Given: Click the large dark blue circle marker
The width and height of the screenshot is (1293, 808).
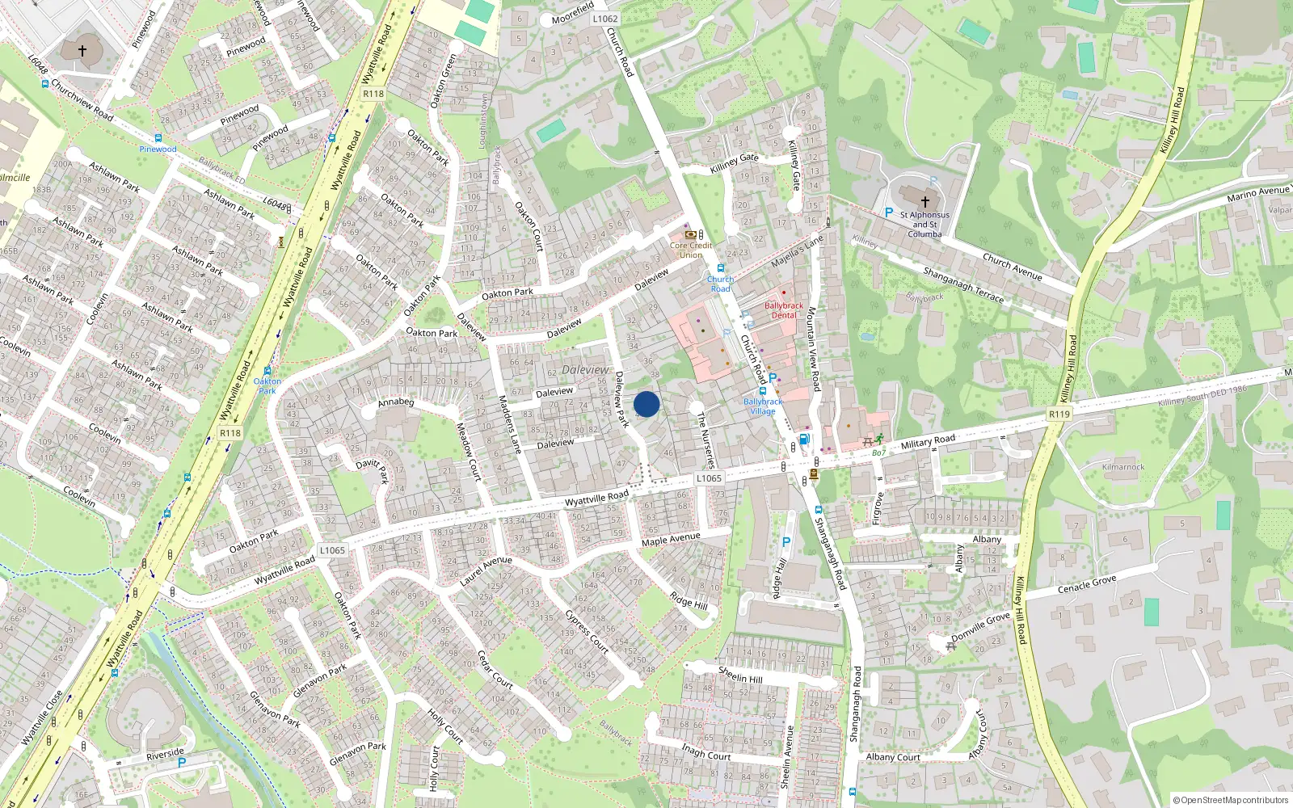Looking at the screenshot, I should point(646,404).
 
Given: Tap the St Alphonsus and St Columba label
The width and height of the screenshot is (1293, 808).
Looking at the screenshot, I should point(924,225).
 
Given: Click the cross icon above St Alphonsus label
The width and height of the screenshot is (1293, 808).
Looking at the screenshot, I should point(925,201).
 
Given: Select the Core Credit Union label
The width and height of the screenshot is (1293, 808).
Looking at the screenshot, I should point(691,250).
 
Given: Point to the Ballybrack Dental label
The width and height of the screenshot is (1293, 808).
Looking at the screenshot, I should point(784,310).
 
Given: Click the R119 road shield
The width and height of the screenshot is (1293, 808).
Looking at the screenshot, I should point(1059,414).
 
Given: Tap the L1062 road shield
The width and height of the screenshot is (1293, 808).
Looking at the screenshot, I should point(604,19).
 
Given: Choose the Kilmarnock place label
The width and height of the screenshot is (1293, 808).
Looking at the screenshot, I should point(1123,467).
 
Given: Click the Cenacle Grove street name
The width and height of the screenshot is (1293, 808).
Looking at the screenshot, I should point(1087,584).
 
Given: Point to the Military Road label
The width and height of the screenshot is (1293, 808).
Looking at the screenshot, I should point(928,441).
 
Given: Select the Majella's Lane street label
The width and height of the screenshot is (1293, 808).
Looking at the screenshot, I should point(797,251).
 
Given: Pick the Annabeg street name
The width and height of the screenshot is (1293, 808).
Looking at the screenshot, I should point(396,402).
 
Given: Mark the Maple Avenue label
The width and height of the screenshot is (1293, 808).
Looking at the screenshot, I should point(671,539).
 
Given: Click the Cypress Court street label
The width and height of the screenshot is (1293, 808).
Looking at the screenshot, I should point(587,631).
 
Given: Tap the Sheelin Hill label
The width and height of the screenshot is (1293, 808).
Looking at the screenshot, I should point(740,675).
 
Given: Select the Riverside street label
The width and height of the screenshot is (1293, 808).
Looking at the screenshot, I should point(166,753).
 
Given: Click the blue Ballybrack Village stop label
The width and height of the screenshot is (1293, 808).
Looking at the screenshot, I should point(763,406).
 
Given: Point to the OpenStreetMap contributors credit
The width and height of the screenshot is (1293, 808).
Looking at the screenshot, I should point(1231,800).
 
